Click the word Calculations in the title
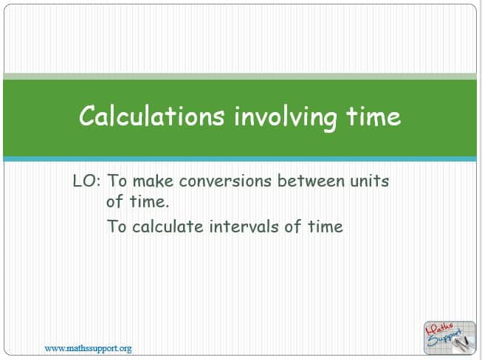point(151,116)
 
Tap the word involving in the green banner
point(285,117)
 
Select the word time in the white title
point(373,116)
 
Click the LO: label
point(86,181)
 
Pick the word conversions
point(225,181)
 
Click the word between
point(311,181)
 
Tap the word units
point(370,181)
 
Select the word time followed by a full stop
point(149,202)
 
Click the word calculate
point(168,226)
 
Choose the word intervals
point(244,226)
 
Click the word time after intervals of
point(326,226)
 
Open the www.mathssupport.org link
point(89,349)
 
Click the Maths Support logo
point(450,338)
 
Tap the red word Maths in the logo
point(440,329)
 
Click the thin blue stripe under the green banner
point(240,159)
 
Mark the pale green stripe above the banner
point(240,76)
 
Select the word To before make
point(117,181)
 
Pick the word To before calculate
point(117,226)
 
